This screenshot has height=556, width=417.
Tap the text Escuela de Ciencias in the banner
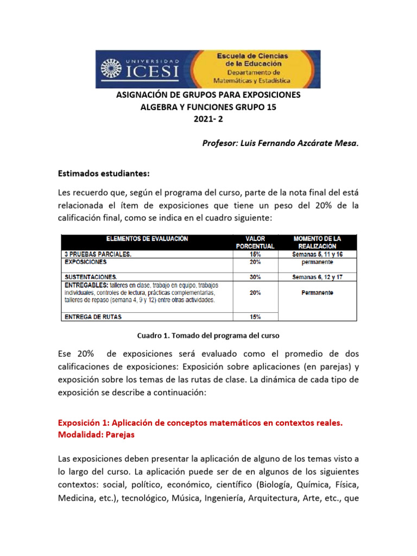click(253, 56)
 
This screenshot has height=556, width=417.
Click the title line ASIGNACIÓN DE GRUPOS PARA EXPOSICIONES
click(208, 95)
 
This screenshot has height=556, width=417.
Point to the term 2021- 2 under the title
click(208, 119)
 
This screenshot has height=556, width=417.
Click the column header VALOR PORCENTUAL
click(255, 242)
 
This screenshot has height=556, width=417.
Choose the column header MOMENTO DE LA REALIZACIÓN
click(317, 242)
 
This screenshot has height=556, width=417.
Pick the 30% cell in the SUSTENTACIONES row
click(255, 277)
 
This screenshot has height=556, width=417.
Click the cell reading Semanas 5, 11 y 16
click(317, 254)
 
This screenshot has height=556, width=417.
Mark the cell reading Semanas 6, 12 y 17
click(317, 277)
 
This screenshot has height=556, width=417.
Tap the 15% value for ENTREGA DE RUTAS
click(255, 317)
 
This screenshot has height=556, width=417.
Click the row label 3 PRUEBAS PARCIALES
click(99, 254)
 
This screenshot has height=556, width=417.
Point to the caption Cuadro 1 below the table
click(208, 336)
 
